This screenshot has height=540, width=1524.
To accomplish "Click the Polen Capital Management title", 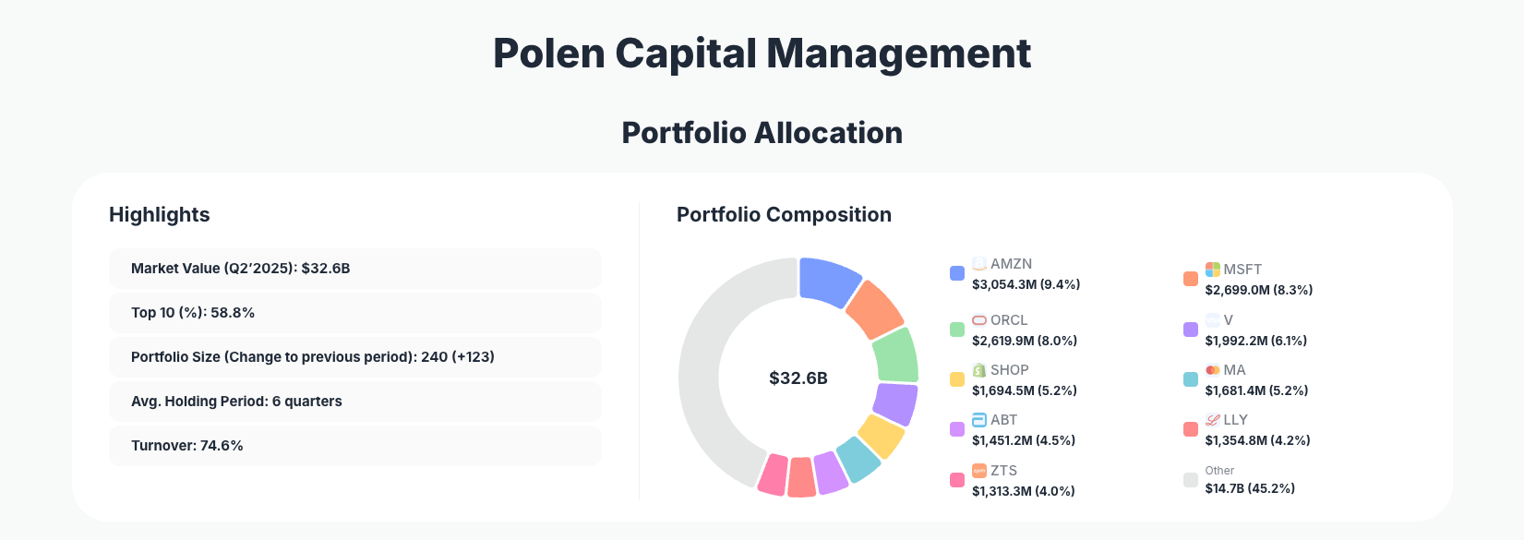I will click(762, 54).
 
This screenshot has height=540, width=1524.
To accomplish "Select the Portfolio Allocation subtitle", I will click(762, 133).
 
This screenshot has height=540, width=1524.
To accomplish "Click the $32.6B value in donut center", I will click(798, 378).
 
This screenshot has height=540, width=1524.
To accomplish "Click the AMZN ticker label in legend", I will click(1011, 264).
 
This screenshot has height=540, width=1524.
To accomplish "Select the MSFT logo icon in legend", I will click(1213, 270).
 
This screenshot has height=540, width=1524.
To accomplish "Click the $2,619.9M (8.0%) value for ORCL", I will click(1025, 341).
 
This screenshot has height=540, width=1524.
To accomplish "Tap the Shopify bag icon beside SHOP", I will click(979, 370).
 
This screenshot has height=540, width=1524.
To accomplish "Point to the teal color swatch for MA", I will click(1191, 379).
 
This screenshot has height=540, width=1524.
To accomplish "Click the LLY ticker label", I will click(1235, 420).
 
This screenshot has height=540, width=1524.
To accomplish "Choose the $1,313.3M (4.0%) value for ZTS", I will click(1023, 491).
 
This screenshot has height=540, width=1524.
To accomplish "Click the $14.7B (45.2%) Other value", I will click(1250, 488).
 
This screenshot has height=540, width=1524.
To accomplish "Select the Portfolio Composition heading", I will click(784, 215).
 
